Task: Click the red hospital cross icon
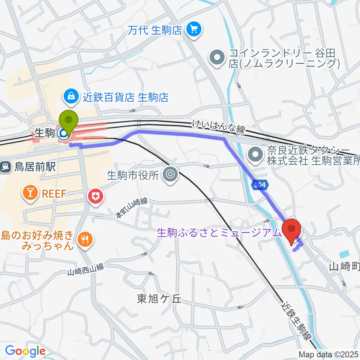(95, 196)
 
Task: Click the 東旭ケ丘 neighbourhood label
(159, 298)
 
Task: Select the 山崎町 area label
(344, 267)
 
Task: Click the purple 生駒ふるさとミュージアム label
(219, 233)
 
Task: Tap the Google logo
(25, 351)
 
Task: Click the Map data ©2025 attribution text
(328, 354)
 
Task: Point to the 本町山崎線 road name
(131, 208)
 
